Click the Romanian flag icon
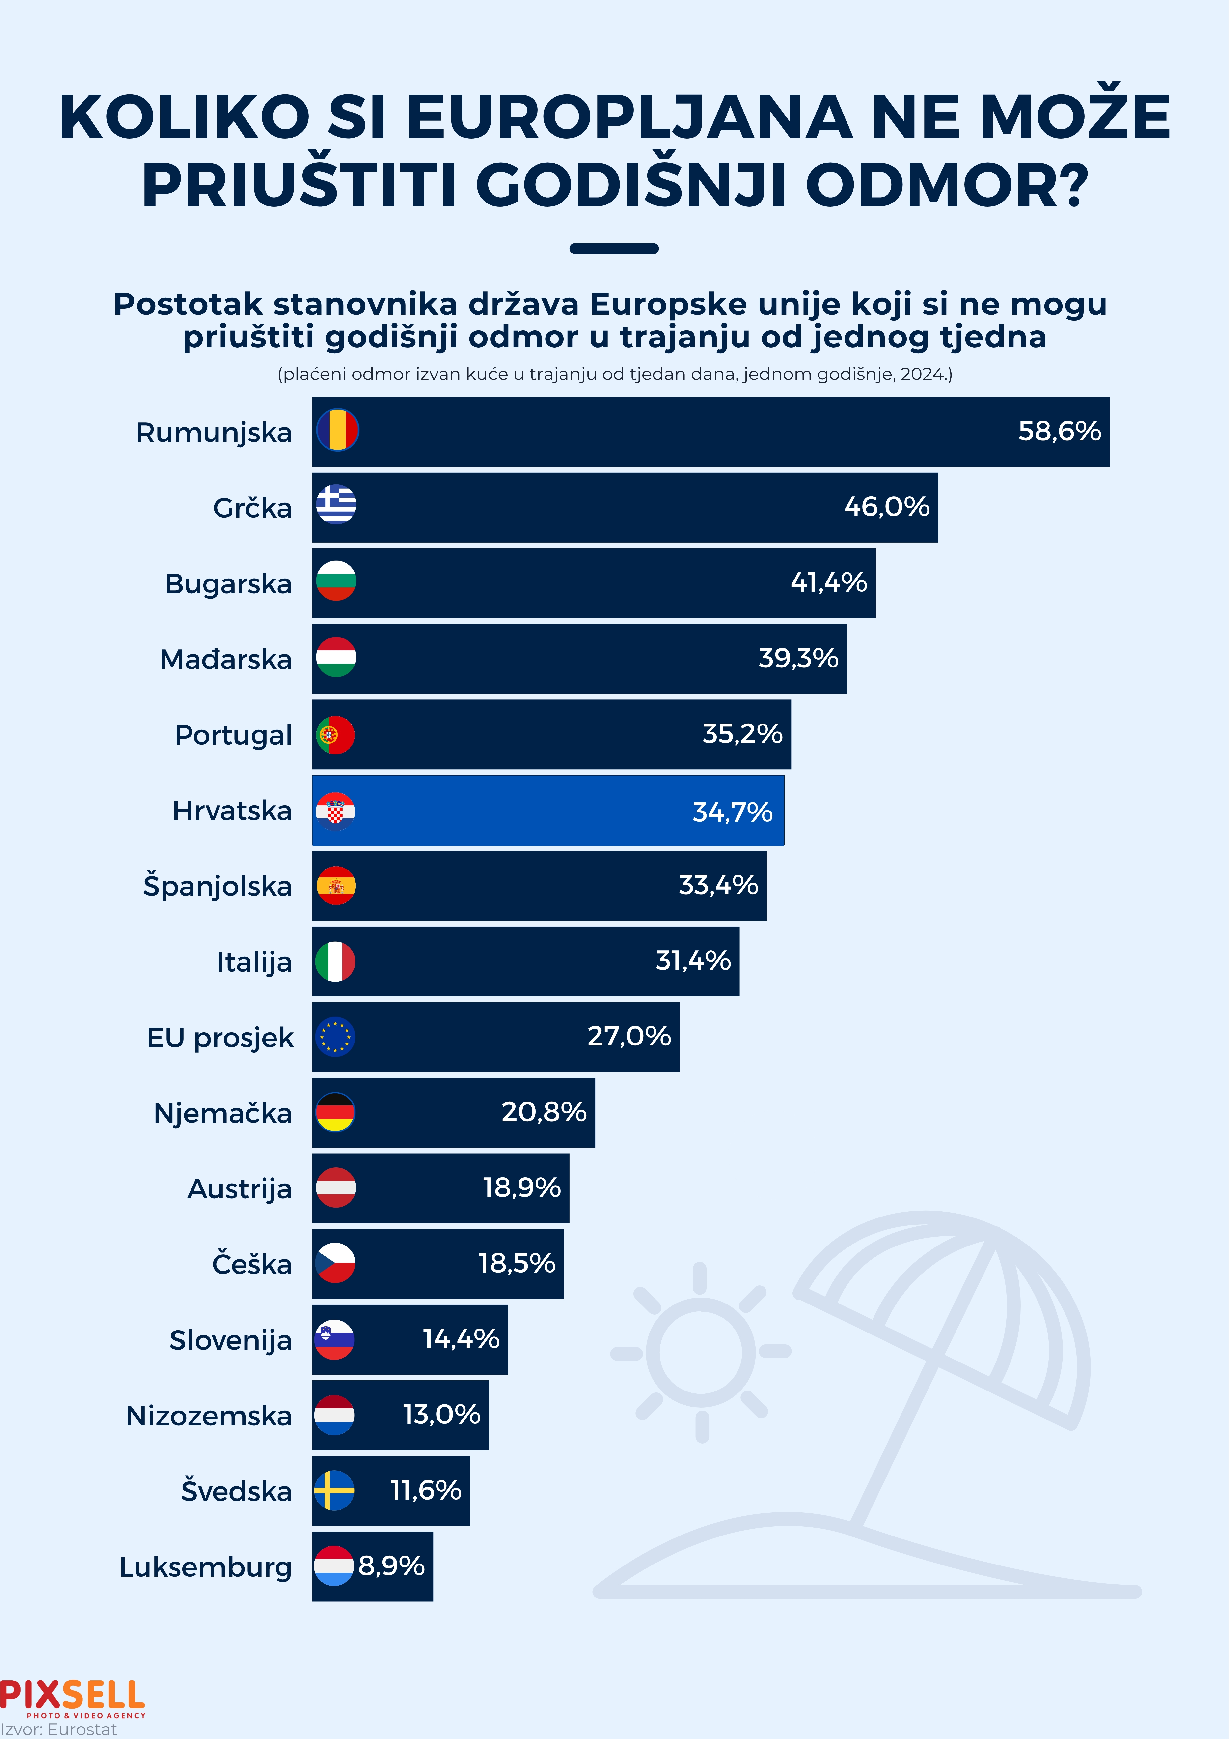click(x=337, y=430)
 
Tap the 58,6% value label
click(x=1059, y=431)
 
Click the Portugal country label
click(x=233, y=735)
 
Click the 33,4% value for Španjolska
click(x=718, y=885)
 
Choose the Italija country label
click(x=254, y=962)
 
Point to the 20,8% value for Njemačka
click(x=544, y=1112)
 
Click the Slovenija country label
click(x=230, y=1340)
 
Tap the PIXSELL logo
click(x=73, y=1697)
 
